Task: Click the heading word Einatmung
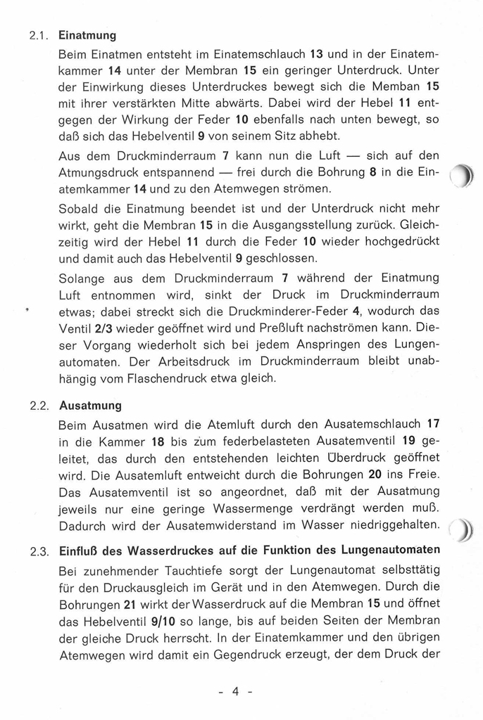point(87,34)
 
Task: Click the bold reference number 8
point(381,172)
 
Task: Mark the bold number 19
point(407,442)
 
